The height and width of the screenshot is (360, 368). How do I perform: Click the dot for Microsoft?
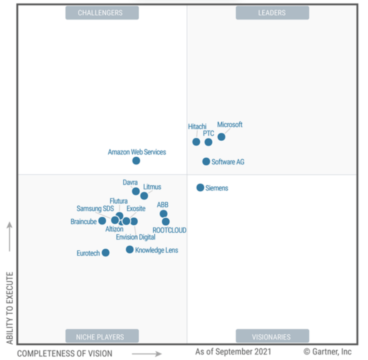221,137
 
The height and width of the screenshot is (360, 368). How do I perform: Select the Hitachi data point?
196,142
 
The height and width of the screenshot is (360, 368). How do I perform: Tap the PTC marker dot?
209,142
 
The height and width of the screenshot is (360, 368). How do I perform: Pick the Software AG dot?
206,161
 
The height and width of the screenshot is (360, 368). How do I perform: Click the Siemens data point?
200,188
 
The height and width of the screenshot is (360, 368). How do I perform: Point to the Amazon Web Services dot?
136,160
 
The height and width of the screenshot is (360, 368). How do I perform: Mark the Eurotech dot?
106,253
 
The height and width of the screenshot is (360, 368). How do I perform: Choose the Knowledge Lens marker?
130,250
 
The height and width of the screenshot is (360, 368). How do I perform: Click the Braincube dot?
102,221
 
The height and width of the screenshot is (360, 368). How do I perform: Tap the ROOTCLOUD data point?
166,222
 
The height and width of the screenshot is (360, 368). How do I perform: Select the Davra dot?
136,191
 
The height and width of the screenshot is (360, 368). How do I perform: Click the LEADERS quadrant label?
272,13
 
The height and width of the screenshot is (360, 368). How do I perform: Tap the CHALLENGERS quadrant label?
102,13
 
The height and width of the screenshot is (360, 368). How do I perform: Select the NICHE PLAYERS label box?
102,336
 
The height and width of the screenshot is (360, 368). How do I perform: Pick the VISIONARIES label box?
272,336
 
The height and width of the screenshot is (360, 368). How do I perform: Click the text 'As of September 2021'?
233,351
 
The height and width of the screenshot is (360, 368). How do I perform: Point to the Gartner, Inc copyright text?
327,351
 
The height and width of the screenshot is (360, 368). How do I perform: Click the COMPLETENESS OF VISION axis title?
65,354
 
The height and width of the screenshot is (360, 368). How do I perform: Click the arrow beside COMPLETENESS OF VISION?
147,354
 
